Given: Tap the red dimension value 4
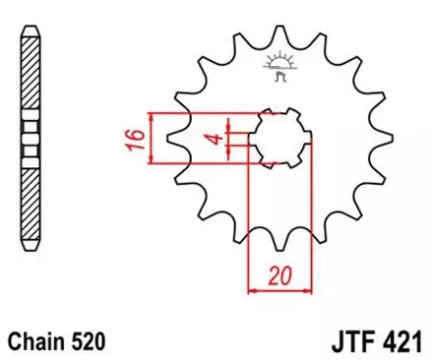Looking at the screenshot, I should click(x=212, y=139).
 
